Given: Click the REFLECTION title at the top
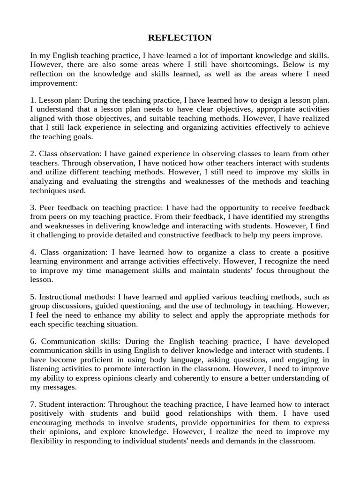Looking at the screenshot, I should coord(180,38).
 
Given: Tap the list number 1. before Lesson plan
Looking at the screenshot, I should coord(33,100).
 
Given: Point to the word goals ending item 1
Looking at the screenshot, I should coord(82,137).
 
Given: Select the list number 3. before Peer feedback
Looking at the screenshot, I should coord(33,208).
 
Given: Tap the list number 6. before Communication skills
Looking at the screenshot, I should coord(33,341).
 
